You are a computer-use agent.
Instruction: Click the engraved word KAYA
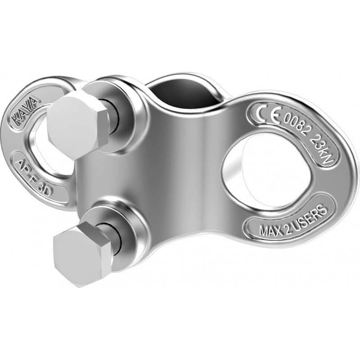(25, 110)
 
